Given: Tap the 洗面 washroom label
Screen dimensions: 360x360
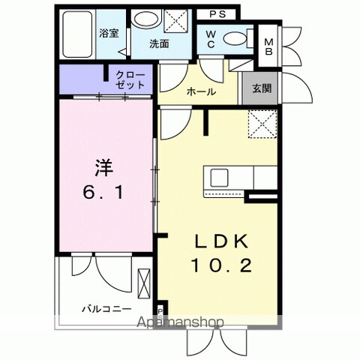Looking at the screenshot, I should point(158,43).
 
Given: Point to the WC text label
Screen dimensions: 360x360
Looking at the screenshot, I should point(210,39).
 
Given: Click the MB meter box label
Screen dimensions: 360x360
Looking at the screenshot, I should point(268,46).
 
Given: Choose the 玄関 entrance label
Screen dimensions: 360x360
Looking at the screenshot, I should point(261,88).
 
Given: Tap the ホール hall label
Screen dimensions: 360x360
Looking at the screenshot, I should point(202,92).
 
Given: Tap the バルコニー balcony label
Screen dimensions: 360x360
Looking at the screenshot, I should point(107,308).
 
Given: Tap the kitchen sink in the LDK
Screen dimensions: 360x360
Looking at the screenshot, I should point(220,178).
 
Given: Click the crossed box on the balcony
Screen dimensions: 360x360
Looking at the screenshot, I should point(144,283).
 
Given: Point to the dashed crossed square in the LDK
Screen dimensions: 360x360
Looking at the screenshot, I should point(261,122).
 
